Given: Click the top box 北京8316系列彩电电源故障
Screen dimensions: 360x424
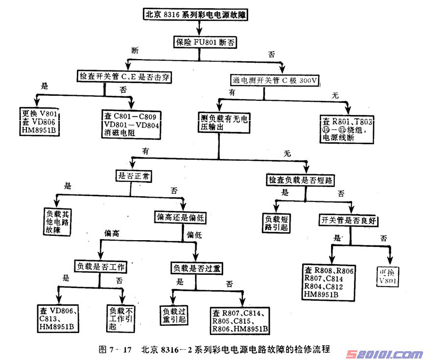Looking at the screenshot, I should [195, 15].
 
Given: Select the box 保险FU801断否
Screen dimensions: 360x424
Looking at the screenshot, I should [205, 43].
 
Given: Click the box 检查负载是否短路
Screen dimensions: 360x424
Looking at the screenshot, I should [301, 180].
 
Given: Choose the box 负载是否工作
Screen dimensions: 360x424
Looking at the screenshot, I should [100, 267].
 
